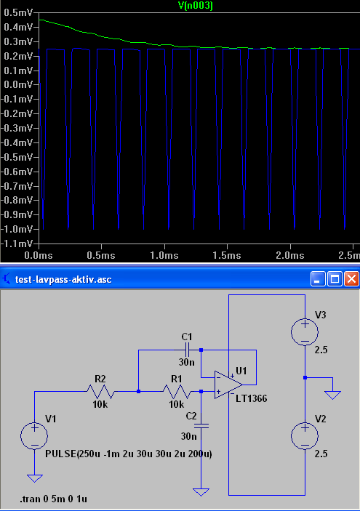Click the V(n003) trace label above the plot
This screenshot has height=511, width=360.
click(x=196, y=5)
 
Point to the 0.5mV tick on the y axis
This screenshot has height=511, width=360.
click(x=18, y=12)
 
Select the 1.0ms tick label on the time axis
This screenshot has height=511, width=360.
click(x=164, y=255)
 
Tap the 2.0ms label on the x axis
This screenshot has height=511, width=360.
click(x=290, y=255)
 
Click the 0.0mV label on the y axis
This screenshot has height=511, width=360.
click(x=18, y=85)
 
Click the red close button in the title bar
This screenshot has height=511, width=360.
click(x=351, y=279)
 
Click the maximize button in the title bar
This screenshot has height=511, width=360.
click(x=335, y=279)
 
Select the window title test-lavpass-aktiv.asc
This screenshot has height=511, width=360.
click(x=63, y=280)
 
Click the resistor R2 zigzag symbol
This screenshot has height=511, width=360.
click(x=100, y=391)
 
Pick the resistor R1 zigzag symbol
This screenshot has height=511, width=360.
click(x=177, y=391)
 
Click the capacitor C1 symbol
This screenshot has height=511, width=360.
click(x=187, y=350)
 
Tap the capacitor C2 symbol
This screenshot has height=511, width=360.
click(x=201, y=426)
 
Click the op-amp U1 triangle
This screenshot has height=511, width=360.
click(x=228, y=385)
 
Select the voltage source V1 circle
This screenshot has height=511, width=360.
click(x=34, y=436)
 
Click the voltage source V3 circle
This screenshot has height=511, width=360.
click(x=305, y=332)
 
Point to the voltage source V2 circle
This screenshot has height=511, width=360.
click(x=305, y=436)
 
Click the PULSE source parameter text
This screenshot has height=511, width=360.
click(x=129, y=454)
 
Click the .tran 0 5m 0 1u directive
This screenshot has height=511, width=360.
click(x=54, y=499)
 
